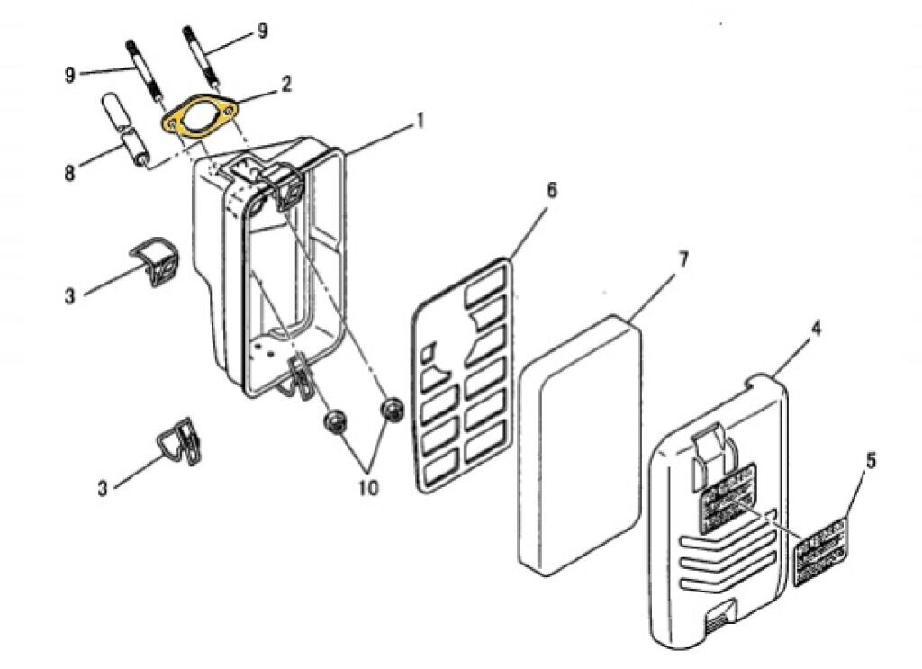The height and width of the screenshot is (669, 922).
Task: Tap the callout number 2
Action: coord(286,86)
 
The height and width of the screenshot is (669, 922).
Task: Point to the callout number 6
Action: coord(551,190)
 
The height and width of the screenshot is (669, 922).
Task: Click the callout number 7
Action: coord(682,260)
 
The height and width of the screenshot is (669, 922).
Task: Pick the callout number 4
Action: coord(816,329)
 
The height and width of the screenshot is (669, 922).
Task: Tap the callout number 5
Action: coord(870,461)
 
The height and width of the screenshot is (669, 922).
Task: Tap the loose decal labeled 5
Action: coord(820,551)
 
